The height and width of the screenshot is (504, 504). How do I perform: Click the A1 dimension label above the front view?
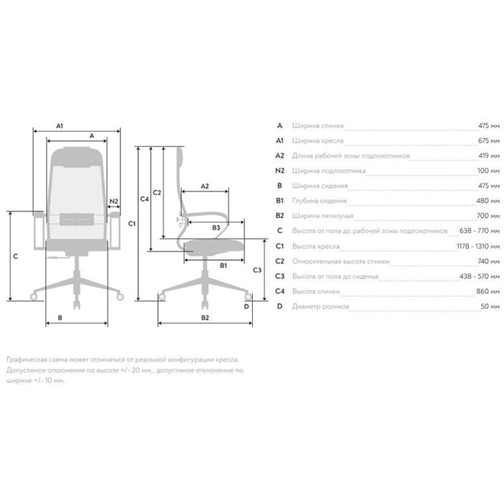(60, 126)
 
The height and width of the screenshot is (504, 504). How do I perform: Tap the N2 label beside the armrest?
(114, 201)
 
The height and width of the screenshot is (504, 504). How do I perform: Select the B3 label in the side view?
(216, 228)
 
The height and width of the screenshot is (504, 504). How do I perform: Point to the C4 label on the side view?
(144, 199)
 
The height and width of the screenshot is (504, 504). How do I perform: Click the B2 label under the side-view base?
(205, 318)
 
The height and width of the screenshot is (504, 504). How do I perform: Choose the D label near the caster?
(246, 306)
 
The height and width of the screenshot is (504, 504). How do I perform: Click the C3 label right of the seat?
(257, 270)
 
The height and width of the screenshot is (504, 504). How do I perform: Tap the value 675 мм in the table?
(489, 140)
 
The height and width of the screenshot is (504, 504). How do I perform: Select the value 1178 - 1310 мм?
(478, 246)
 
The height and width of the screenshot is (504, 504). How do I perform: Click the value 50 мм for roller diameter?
(490, 306)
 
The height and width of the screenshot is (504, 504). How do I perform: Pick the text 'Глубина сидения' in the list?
(319, 201)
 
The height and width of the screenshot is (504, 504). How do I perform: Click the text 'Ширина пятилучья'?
(323, 216)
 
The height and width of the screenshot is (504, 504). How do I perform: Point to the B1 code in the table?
(279, 201)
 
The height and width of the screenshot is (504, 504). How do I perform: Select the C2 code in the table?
(279, 261)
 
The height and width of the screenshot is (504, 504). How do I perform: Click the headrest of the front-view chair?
(77, 157)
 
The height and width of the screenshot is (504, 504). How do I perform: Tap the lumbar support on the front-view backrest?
(77, 219)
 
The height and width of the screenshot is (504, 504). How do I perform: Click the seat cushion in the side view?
(213, 247)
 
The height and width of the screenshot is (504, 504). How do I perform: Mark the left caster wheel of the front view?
(34, 297)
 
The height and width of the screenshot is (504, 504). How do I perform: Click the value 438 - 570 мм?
(480, 276)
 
